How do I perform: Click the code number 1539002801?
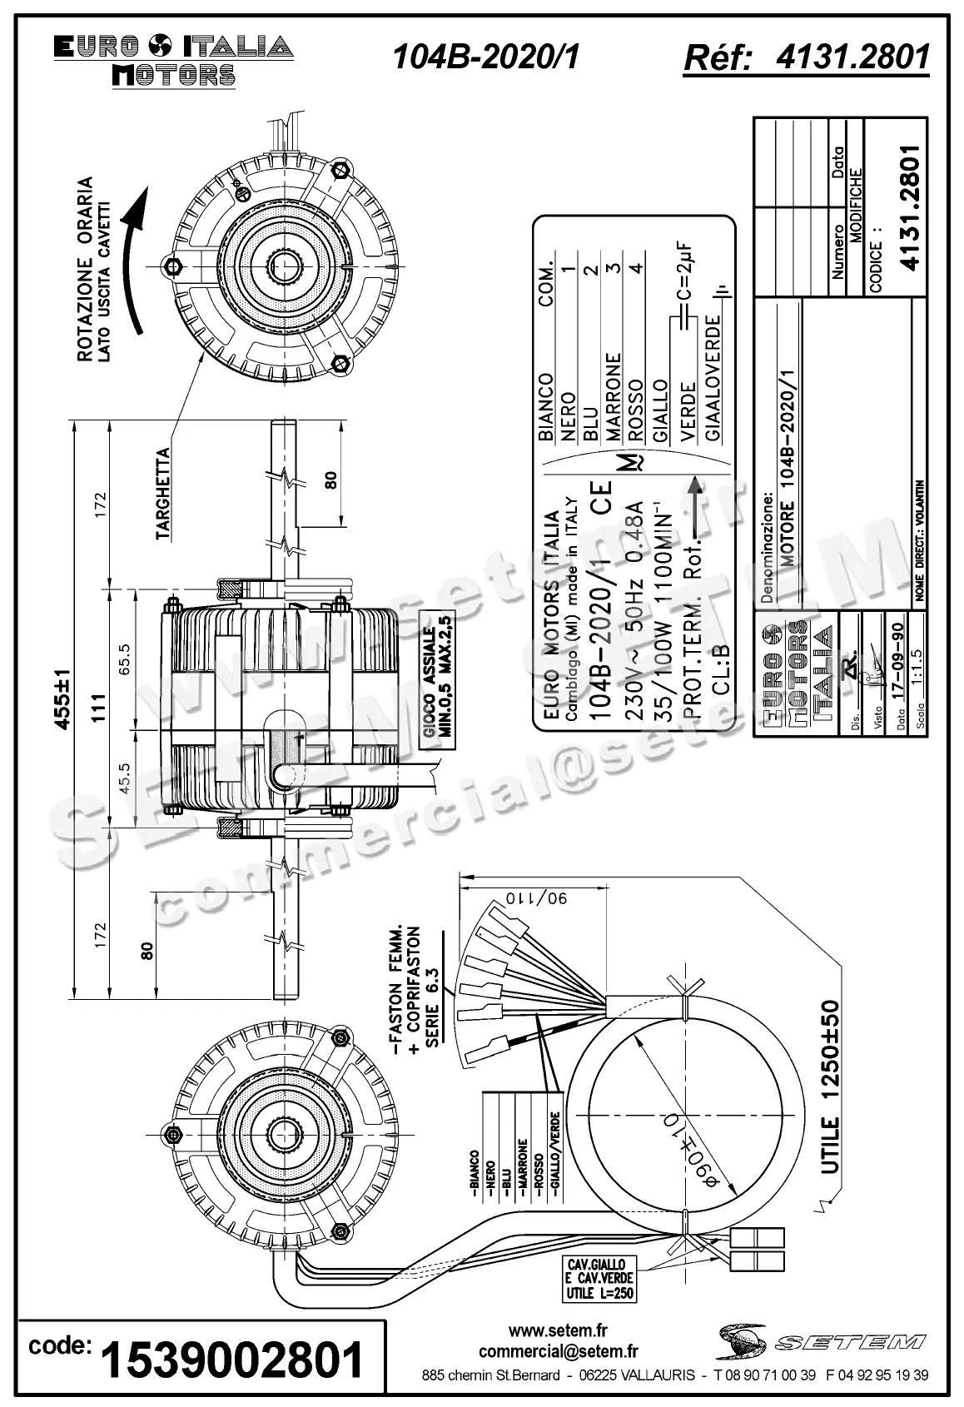(232, 1360)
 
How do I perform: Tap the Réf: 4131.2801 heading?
(805, 57)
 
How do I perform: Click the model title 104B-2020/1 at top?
(485, 57)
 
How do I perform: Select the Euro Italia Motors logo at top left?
(173, 60)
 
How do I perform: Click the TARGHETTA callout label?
(163, 495)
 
